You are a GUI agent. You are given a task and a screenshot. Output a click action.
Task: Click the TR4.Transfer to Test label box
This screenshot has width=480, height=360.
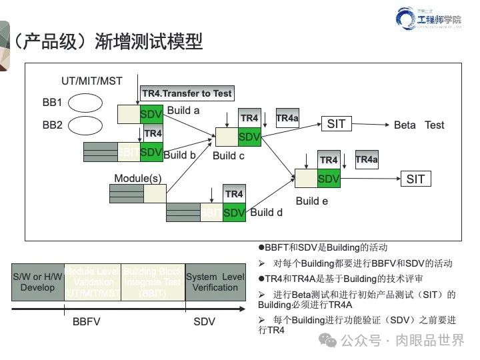click(187, 93)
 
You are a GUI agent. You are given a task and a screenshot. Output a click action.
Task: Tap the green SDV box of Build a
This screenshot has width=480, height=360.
click(151, 114)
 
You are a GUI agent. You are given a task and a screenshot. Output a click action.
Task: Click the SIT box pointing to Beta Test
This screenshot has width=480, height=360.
click(337, 124)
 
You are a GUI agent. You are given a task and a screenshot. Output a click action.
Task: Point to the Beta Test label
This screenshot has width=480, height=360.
click(419, 125)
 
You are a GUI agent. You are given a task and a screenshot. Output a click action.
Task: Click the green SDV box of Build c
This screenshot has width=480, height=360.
click(249, 137)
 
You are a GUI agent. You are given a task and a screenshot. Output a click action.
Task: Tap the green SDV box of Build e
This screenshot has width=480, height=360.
click(329, 179)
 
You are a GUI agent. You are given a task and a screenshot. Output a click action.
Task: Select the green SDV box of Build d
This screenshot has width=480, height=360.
click(234, 213)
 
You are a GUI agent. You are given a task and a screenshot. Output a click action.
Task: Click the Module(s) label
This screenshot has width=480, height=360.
click(138, 178)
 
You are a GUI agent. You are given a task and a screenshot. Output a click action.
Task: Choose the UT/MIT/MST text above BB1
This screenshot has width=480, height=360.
click(91, 81)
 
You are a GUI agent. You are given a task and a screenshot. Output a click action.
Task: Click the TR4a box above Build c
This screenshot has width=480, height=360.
click(287, 118)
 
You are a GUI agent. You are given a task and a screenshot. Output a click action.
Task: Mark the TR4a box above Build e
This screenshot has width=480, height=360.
click(367, 159)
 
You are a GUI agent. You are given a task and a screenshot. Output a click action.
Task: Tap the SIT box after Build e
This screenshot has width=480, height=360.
click(415, 179)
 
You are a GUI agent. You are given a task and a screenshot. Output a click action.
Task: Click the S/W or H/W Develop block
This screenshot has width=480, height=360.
click(37, 282)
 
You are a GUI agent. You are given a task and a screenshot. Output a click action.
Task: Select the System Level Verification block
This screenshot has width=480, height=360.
click(215, 282)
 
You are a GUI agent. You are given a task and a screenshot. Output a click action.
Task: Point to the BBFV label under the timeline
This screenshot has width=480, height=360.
click(86, 321)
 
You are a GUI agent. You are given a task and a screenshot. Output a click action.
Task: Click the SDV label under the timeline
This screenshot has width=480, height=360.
click(204, 321)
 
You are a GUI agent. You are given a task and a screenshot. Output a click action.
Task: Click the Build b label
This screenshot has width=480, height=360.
click(179, 155)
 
